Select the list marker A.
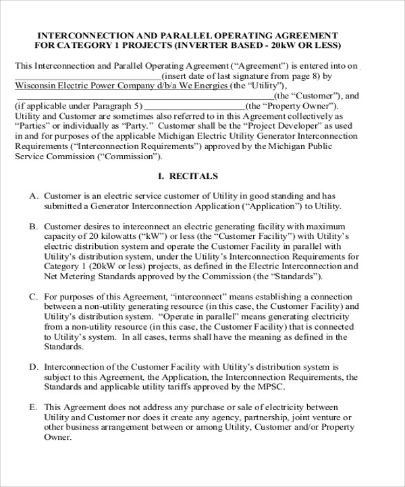point(33,195)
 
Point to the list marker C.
point(33,296)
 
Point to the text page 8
point(321,76)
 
